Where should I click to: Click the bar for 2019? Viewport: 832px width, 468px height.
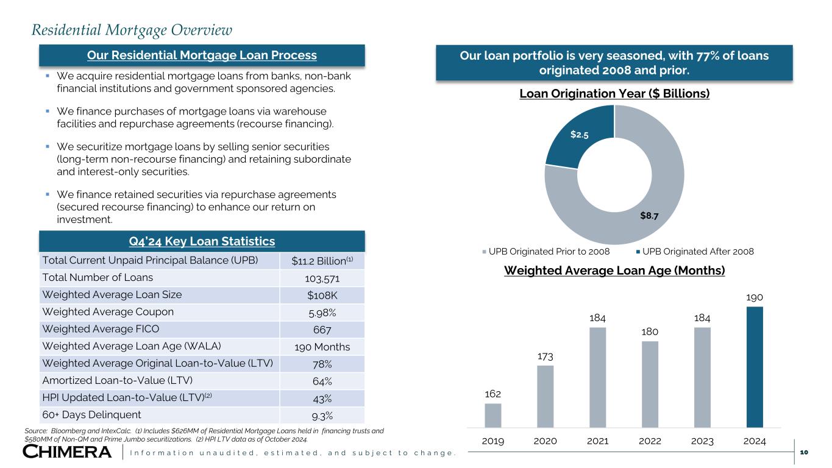(x=493, y=415)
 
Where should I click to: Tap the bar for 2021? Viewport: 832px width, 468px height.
(x=598, y=377)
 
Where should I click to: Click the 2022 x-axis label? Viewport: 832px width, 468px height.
(x=650, y=441)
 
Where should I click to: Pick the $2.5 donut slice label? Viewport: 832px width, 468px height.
(x=580, y=134)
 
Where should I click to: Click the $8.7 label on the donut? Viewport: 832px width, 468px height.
(x=649, y=216)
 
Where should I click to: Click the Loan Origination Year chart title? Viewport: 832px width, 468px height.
(x=614, y=94)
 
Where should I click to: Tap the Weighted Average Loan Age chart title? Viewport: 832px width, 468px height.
(x=614, y=271)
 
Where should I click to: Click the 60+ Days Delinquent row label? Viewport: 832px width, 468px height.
(x=91, y=415)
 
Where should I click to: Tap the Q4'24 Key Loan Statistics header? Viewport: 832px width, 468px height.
(x=202, y=241)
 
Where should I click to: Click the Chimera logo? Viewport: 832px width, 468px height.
(x=67, y=452)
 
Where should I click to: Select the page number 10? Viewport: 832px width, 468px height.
(x=804, y=452)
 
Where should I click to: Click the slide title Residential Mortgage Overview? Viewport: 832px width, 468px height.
(x=132, y=29)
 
